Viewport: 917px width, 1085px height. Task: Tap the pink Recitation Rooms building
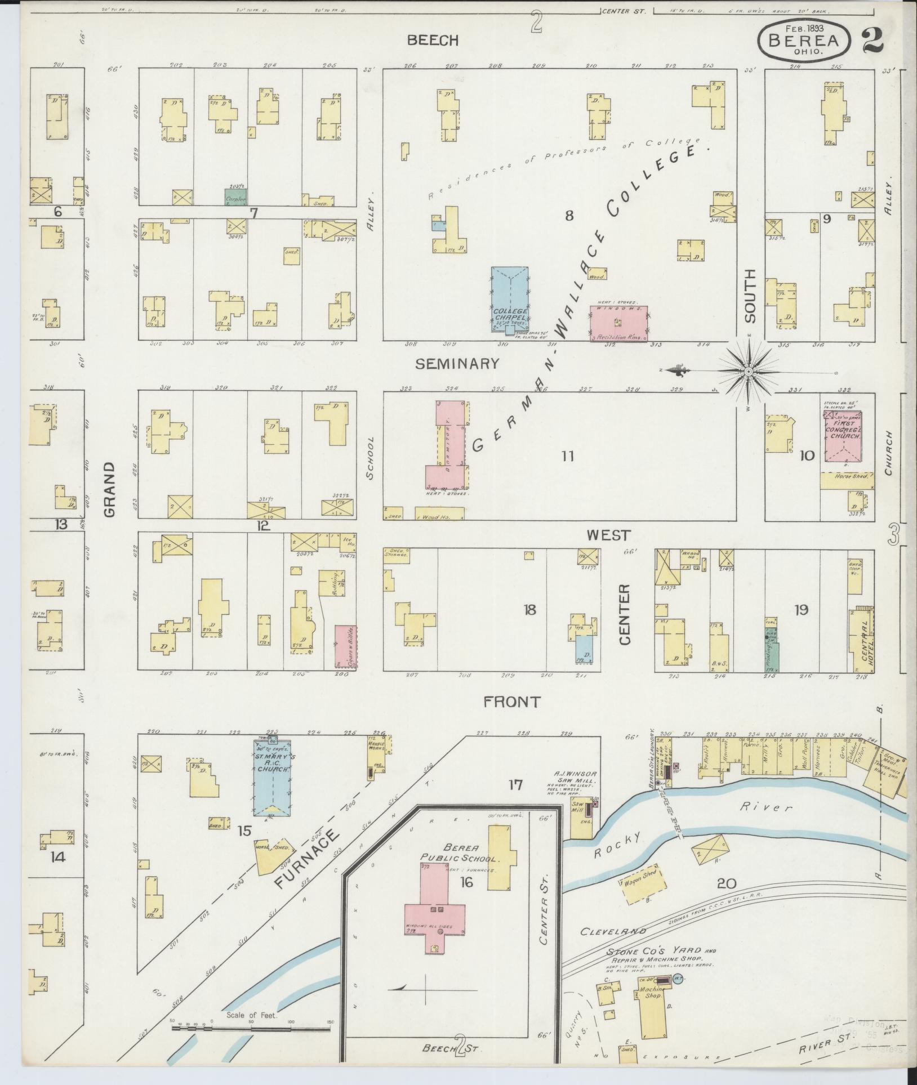coord(618,323)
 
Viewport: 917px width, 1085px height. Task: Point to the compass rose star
coord(749,372)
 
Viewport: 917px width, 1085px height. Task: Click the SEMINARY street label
coord(457,364)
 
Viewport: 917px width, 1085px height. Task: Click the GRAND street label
coord(109,489)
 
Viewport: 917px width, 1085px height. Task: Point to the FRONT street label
coord(512,702)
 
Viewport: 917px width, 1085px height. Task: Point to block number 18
coord(529,609)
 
